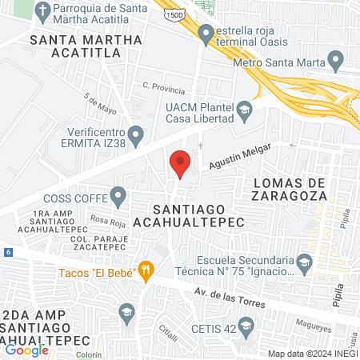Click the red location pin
click(x=180, y=163)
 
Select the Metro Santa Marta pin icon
click(x=336, y=59)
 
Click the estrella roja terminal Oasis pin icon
click(x=206, y=34)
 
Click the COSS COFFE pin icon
click(x=118, y=194)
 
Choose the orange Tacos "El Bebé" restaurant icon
click(x=145, y=270)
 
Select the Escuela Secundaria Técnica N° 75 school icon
click(x=304, y=261)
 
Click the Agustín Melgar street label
click(x=241, y=156)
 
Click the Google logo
click(x=26, y=349)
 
